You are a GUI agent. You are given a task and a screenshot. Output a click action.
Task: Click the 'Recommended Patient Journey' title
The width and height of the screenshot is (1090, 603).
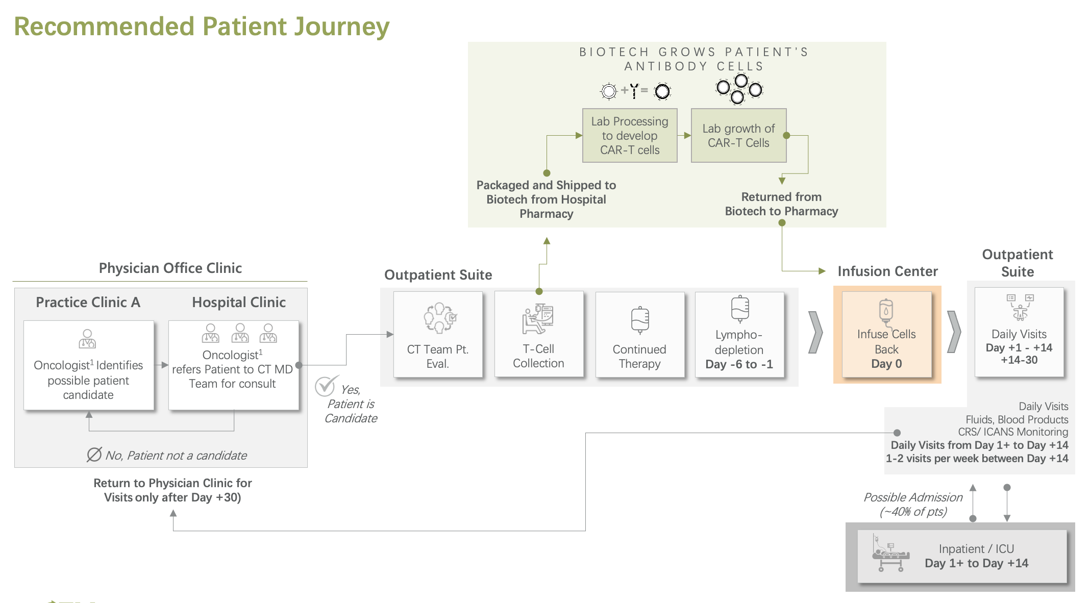point(202,27)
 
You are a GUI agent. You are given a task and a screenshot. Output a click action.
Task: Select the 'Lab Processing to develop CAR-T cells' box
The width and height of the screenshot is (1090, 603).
point(629,136)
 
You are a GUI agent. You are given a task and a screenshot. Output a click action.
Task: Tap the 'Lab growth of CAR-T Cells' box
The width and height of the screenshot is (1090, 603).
point(738,136)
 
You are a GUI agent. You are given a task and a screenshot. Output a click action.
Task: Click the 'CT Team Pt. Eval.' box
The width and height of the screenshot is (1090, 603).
point(437,335)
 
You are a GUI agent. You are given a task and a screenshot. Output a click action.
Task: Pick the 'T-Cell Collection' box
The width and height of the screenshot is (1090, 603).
point(538,335)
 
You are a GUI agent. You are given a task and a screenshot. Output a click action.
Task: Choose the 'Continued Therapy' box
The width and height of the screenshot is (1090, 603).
point(639,335)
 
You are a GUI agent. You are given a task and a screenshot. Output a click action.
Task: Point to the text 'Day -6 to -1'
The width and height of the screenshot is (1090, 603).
point(738,364)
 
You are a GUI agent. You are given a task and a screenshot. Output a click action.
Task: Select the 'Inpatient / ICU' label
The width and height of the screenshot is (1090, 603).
point(976,549)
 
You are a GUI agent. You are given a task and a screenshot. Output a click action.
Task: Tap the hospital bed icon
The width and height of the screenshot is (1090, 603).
point(890,554)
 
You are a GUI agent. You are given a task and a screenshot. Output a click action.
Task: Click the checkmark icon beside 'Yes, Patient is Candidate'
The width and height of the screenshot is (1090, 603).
point(326,386)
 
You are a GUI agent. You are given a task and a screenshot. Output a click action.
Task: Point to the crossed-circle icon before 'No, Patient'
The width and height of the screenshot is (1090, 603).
point(94,455)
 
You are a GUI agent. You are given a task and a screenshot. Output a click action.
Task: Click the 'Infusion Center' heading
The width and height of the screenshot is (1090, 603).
point(887,271)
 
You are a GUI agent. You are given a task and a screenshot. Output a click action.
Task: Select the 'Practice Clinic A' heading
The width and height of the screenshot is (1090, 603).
point(88,303)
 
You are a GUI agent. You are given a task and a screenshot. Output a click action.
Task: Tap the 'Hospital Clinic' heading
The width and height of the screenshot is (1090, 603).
point(238,303)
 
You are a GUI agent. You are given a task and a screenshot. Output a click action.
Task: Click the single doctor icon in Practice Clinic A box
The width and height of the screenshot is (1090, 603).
point(87,339)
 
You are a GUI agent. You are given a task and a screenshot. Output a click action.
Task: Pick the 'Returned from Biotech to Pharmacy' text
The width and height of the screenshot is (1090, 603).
point(781,204)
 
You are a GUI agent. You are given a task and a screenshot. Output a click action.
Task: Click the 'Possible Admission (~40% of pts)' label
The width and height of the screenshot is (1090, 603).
point(912,504)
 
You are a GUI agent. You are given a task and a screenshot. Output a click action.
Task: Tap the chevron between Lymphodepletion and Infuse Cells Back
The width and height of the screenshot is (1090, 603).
point(815,333)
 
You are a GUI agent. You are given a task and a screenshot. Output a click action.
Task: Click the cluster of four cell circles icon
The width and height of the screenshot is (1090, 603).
point(739,89)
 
